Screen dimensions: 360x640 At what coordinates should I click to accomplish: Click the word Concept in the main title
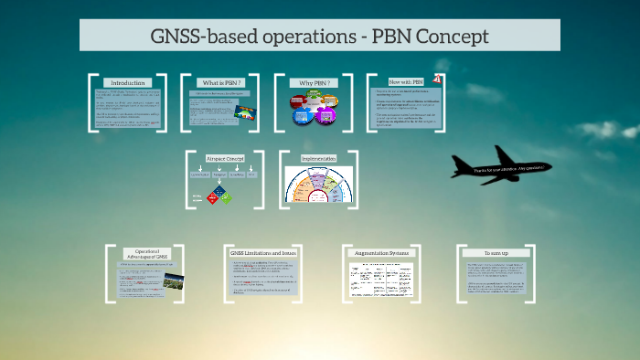pyautogui.click(x=448, y=37)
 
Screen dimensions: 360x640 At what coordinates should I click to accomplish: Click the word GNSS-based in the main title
pyautogui.click(x=203, y=37)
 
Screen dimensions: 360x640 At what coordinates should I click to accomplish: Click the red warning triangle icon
pyautogui.click(x=439, y=79)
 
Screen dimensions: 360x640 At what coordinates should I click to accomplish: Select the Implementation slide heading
pyautogui.click(x=319, y=159)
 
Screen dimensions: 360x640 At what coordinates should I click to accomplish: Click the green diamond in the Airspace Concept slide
pyautogui.click(x=226, y=197)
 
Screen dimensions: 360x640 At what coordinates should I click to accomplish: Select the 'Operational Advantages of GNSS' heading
pyautogui.click(x=147, y=254)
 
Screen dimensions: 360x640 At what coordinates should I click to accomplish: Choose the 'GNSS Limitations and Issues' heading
pyautogui.click(x=263, y=252)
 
